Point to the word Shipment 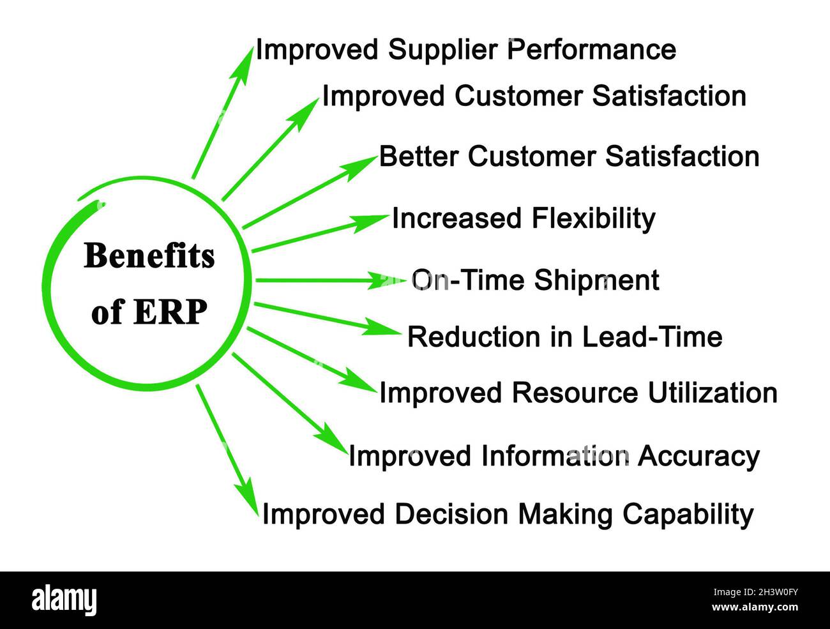tap(596, 281)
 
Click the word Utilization tap(713, 393)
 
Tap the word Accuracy tap(698, 457)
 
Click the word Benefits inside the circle tap(149, 256)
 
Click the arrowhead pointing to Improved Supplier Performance tap(245, 61)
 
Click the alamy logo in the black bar tap(64, 600)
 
